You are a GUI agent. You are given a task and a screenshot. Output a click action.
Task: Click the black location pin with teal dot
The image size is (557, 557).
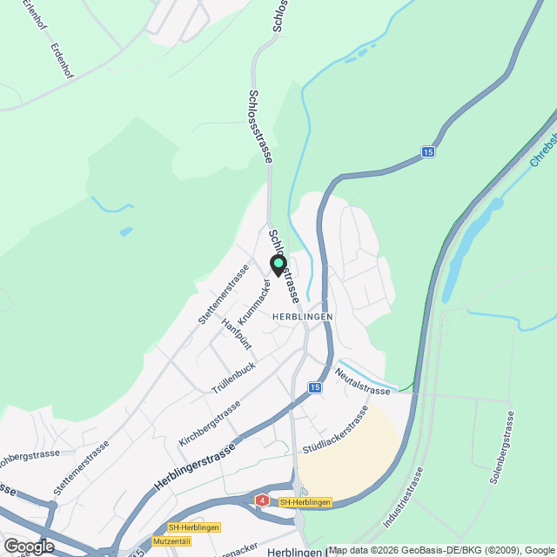tap(278, 265)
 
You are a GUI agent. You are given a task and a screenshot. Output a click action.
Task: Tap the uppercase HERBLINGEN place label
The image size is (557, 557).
tap(302, 317)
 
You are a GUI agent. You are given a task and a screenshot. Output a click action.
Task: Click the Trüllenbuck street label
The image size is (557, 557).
tap(232, 380)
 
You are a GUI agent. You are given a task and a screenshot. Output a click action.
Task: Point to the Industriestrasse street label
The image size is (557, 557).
tap(402, 498)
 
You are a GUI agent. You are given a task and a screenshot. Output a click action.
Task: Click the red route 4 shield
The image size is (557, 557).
tap(262, 500)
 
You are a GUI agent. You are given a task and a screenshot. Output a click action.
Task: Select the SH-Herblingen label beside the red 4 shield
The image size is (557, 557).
tap(305, 502)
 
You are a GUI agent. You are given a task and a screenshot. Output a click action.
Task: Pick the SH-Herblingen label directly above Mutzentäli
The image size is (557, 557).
tap(194, 527)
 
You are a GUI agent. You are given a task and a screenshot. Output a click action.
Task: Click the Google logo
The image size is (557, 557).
tap(28, 547)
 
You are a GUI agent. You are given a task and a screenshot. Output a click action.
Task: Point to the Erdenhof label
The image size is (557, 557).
tap(61, 62)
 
